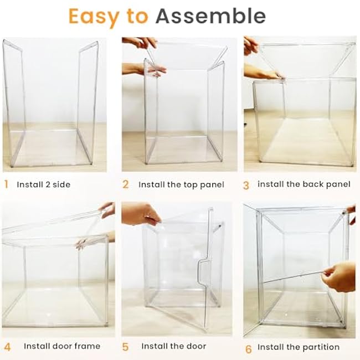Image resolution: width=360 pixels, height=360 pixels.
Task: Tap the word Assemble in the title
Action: (x=210, y=16)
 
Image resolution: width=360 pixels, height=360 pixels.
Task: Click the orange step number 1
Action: (x=6, y=184)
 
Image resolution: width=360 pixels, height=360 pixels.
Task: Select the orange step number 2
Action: (x=125, y=184)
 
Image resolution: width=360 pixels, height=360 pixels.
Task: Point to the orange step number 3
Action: (x=246, y=186)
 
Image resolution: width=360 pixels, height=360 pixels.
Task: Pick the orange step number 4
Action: (x=7, y=347)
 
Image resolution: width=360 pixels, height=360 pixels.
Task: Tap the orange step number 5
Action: (x=125, y=347)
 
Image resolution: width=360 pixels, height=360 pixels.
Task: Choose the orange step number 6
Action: (x=249, y=349)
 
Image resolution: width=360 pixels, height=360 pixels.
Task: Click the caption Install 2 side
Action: (x=44, y=184)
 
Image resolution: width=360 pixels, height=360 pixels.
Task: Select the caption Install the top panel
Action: (x=181, y=185)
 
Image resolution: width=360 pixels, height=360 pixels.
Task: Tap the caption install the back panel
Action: (x=304, y=184)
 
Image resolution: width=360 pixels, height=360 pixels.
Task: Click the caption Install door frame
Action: (x=62, y=346)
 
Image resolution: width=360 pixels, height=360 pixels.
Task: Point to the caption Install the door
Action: (x=174, y=346)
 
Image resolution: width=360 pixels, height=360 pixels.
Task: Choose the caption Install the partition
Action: (x=299, y=347)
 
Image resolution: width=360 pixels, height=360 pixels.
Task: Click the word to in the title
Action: (x=137, y=17)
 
